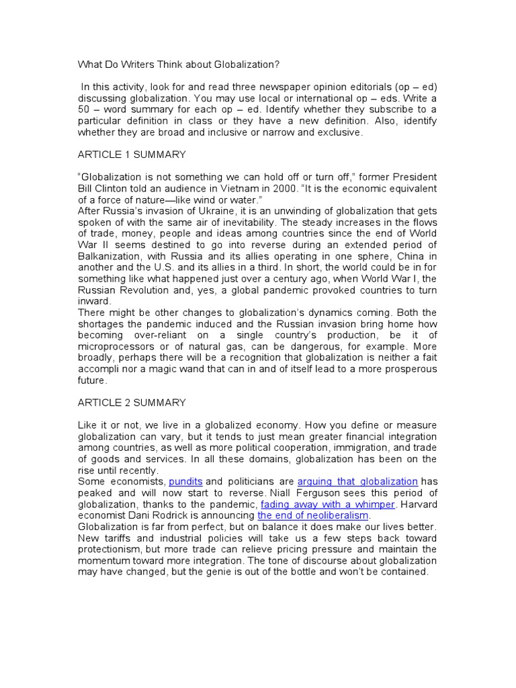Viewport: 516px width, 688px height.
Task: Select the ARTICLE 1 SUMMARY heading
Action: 132,155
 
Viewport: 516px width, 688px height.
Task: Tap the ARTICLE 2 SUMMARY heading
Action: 132,402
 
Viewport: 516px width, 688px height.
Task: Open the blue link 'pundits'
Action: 185,482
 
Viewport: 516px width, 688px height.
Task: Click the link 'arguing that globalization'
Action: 357,482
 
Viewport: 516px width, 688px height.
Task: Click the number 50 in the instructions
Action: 84,110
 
